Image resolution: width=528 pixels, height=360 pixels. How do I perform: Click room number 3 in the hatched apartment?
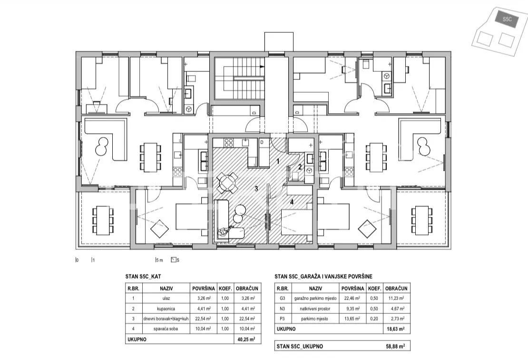point(256,189)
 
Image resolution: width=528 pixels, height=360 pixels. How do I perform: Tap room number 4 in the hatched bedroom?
point(292,202)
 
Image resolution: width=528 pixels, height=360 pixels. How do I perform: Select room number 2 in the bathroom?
point(300,166)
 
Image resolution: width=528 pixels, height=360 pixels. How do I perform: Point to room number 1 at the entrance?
point(278,161)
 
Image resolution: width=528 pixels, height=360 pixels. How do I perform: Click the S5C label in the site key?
point(507,19)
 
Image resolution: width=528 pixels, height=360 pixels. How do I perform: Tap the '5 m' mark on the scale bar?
point(159,260)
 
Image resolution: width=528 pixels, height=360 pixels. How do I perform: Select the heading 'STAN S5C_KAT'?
point(143,277)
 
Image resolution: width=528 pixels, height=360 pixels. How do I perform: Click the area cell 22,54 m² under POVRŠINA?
point(204,319)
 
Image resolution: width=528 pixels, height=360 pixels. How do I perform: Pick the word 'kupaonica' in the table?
point(166,309)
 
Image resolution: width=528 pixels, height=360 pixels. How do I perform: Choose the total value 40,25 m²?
point(246,340)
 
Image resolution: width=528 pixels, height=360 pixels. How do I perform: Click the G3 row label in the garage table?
point(283,298)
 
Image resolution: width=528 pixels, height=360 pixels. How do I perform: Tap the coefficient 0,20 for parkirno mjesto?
point(374,319)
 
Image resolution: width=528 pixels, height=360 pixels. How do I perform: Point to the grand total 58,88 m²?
point(395,346)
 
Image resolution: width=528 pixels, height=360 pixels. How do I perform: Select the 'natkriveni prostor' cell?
point(315,309)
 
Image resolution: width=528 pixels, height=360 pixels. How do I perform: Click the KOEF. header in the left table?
point(225,289)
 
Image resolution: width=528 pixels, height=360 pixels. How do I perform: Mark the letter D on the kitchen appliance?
point(262,143)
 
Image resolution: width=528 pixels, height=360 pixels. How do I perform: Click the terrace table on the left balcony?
point(103,221)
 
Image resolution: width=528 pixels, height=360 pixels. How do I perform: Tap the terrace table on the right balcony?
point(421,221)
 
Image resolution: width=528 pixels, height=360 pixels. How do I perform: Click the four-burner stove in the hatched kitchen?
point(229,143)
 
